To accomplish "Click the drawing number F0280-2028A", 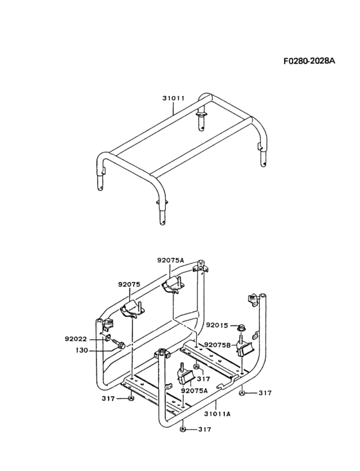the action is click(309, 60).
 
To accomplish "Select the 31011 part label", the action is click(174, 98).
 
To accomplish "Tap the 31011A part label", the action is click(217, 414).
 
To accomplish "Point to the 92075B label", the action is click(218, 345).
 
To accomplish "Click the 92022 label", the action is click(76, 339).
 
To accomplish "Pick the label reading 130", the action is click(82, 350).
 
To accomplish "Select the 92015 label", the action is click(217, 326).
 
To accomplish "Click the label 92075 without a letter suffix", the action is click(129, 284).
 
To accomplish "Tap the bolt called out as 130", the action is click(119, 344).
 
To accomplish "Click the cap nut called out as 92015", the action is click(241, 327).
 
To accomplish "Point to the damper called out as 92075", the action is click(132, 309).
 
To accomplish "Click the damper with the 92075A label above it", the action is click(174, 284).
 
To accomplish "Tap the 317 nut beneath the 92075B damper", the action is click(242, 393).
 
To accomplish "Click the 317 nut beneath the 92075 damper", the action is click(130, 398).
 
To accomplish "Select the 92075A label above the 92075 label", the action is click(170, 261).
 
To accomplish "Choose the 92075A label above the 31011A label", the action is click(194, 391).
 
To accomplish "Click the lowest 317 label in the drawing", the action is click(204, 430).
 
